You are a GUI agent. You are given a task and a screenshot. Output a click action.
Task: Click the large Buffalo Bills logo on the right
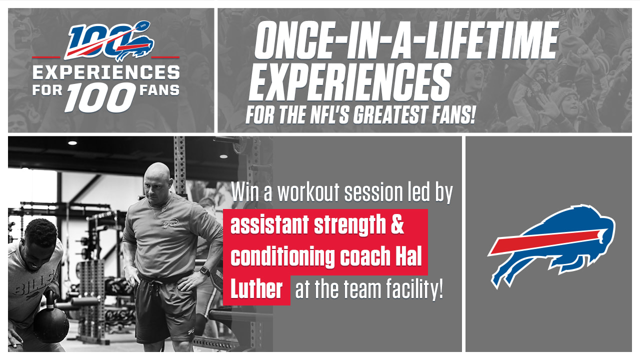click(x=551, y=245)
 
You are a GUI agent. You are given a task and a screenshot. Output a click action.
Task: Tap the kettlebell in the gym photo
click(x=51, y=323)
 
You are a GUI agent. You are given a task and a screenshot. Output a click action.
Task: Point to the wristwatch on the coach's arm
click(x=204, y=271)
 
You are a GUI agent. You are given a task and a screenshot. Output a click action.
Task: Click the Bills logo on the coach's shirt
click(x=170, y=223)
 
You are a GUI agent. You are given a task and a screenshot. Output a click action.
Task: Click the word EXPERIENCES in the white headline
click(x=349, y=82)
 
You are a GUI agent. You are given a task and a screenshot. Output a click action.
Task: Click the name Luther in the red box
click(x=256, y=289)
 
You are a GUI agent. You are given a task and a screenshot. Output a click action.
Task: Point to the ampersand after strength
click(x=396, y=224)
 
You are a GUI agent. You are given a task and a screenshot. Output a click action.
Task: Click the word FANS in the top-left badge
click(x=159, y=90)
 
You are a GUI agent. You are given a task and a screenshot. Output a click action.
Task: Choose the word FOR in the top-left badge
click(x=47, y=90)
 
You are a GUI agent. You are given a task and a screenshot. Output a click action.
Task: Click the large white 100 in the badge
click(x=100, y=97)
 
